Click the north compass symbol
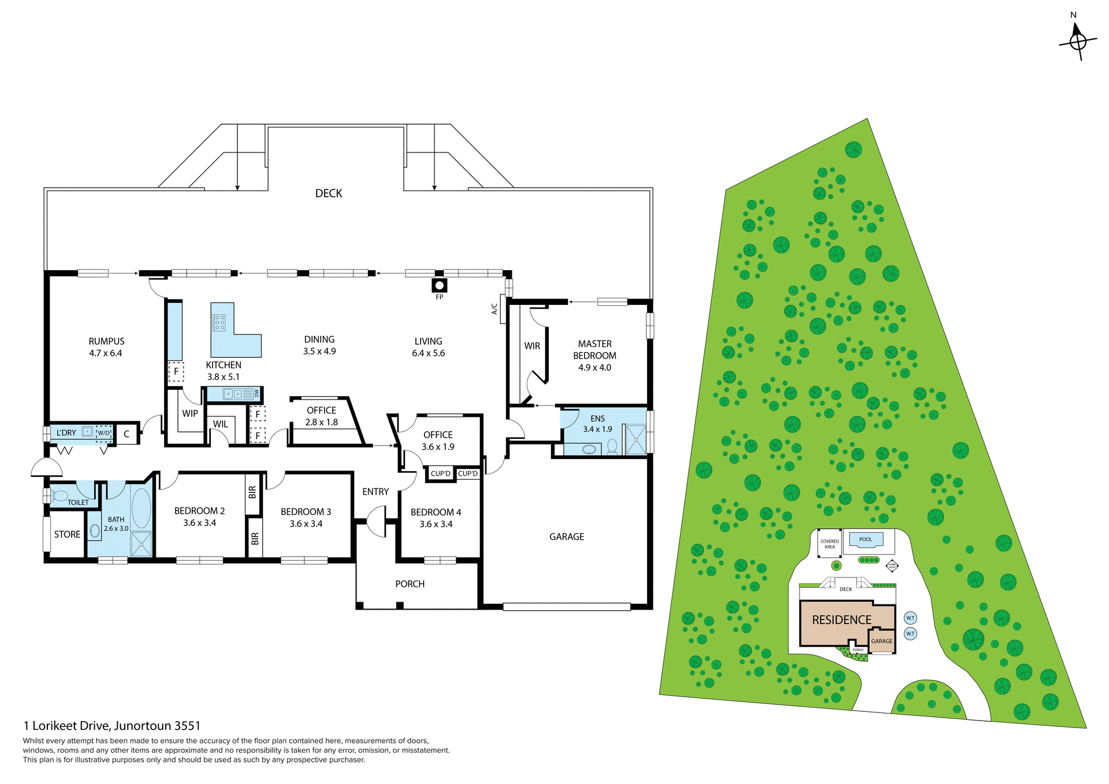coord(1077,40)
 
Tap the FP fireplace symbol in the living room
coord(440,285)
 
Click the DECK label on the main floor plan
coord(329,193)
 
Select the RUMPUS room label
coord(106,341)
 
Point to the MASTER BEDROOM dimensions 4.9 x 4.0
coord(594,368)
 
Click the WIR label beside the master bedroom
coord(532,346)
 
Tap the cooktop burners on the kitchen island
coord(219,323)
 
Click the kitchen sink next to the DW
coord(233,394)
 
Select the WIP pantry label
coord(190,413)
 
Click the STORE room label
coord(67,535)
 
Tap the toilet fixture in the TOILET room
coord(59,495)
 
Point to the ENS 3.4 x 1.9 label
coord(597,424)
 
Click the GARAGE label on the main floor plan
coord(567,537)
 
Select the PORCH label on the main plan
coord(410,584)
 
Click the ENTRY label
coord(375,492)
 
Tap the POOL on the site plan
coord(865,540)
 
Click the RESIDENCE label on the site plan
coord(842,620)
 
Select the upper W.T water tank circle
coord(910,618)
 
